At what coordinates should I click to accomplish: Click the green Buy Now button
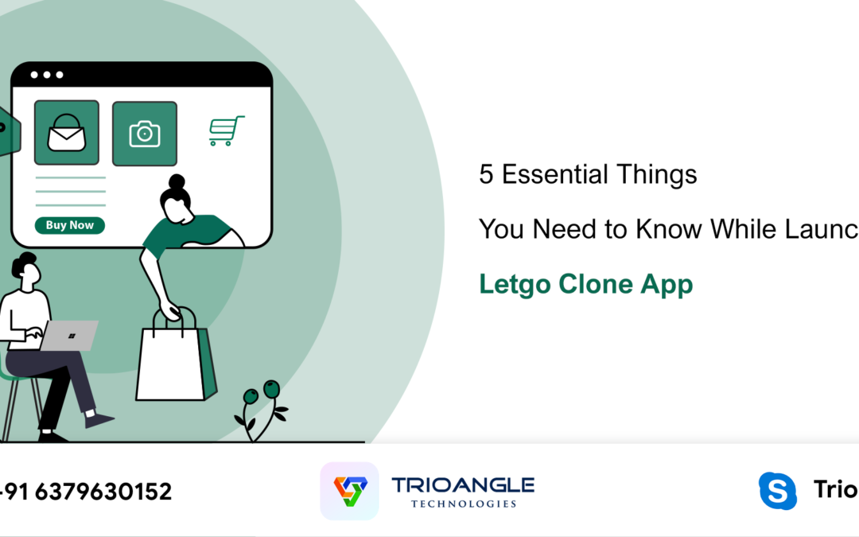[x=70, y=225]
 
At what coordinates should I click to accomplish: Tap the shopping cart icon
[x=226, y=131]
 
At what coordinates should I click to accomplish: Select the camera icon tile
[x=145, y=134]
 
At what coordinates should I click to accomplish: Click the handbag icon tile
[x=67, y=133]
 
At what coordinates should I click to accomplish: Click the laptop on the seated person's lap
[x=69, y=335]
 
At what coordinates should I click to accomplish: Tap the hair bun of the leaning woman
[x=177, y=182]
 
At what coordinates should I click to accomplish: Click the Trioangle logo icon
[x=350, y=491]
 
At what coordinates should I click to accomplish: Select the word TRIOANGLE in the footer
[x=463, y=484]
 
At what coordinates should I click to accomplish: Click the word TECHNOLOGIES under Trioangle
[x=464, y=504]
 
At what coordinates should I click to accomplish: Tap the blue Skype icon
[x=777, y=491]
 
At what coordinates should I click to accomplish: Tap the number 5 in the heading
[x=486, y=174]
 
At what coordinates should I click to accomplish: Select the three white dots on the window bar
[x=47, y=75]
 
